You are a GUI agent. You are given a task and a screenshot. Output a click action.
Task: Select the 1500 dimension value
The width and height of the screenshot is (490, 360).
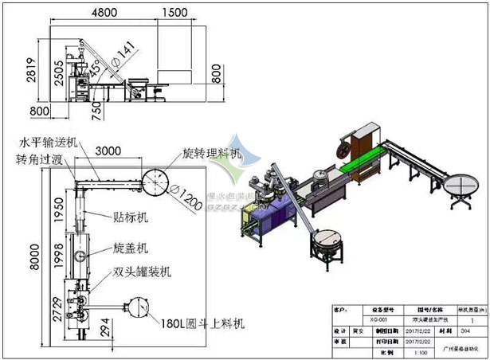(174, 14)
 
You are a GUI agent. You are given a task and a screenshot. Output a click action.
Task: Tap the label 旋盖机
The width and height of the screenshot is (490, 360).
(127, 248)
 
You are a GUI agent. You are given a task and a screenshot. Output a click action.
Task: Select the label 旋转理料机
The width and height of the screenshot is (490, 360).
(211, 152)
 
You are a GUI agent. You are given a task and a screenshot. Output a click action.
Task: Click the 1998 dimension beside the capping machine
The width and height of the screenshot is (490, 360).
(56, 254)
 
